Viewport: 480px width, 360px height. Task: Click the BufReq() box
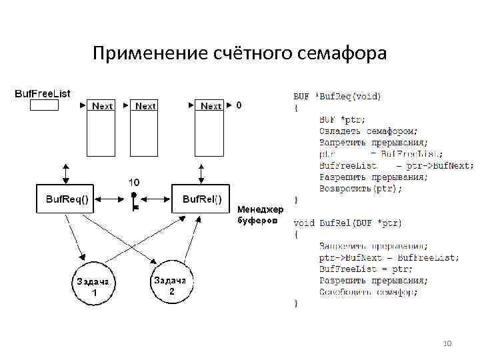tap(67, 199)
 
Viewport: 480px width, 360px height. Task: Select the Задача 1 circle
tap(94, 286)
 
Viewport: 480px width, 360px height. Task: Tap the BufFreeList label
tap(43, 93)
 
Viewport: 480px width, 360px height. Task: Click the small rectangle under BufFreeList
tap(44, 105)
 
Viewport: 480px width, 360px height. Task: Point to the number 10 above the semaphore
tap(133, 182)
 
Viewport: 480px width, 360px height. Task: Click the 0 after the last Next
tap(239, 105)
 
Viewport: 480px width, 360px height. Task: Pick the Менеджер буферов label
tap(261, 215)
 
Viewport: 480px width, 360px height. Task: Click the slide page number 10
tap(447, 343)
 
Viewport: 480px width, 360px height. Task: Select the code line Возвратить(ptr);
tap(361, 189)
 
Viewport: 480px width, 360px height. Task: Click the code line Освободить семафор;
tap(368, 292)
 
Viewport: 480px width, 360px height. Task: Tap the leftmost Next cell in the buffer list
tap(103, 106)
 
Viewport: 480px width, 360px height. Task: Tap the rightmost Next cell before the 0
tap(211, 106)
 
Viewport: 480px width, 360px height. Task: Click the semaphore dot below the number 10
tap(134, 196)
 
